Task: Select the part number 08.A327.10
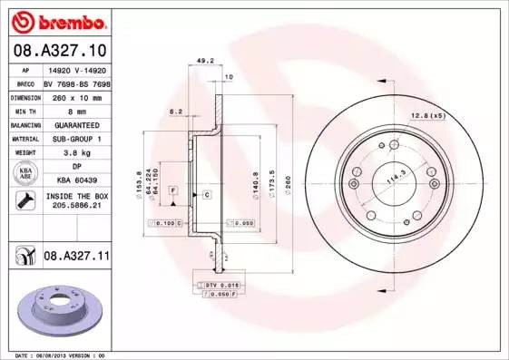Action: [58, 51]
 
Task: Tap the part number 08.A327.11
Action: [77, 258]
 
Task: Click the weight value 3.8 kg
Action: [76, 153]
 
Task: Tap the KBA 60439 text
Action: [76, 181]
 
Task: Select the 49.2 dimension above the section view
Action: [205, 62]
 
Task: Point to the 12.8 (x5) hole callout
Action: [426, 115]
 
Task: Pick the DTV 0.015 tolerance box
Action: [220, 284]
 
